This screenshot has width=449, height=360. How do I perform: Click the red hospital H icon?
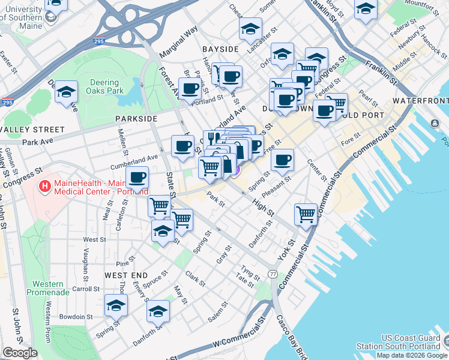pyautogui.click(x=43, y=187)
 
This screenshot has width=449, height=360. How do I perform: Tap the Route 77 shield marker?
pyautogui.click(x=273, y=274)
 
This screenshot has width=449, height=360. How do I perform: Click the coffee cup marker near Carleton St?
pyautogui.click(x=137, y=178)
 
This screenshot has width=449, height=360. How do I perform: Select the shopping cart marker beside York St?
pyautogui.click(x=306, y=213)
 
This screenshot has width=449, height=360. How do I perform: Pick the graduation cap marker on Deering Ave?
pyautogui.click(x=67, y=92)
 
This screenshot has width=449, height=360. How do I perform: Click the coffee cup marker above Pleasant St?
pyautogui.click(x=282, y=160)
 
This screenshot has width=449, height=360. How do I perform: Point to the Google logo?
pyautogui.click(x=20, y=353)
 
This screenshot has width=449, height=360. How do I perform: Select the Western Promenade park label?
pyautogui.click(x=48, y=288)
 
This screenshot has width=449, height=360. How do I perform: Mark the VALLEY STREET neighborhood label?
pyautogui.click(x=32, y=129)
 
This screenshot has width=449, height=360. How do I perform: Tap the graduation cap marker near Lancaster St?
pyautogui.click(x=251, y=28)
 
